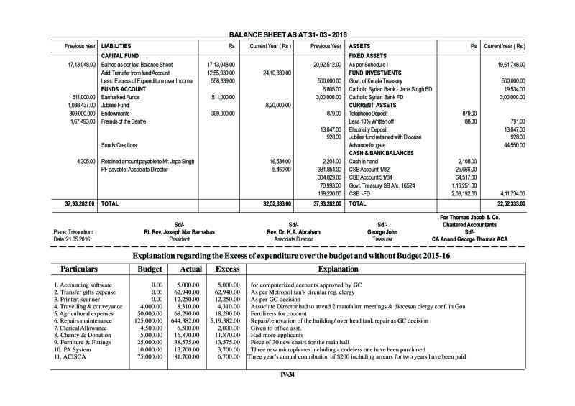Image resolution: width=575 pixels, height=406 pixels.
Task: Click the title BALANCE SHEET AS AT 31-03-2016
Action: click(287, 34)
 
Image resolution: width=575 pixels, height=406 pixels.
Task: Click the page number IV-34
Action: click(288, 374)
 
